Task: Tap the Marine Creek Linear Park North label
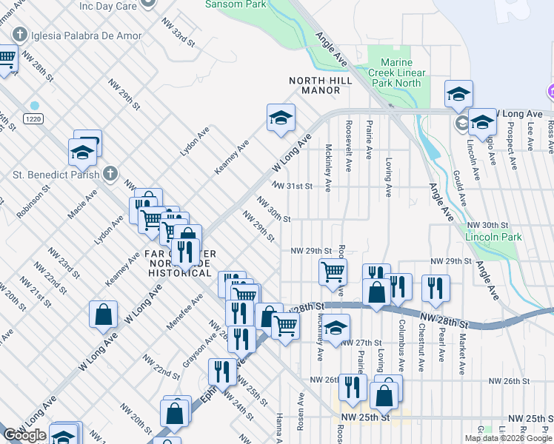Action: pyautogui.click(x=401, y=73)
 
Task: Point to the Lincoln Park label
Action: pyautogui.click(x=494, y=237)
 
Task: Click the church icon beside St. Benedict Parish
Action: pyautogui.click(x=110, y=174)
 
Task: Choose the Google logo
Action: pyautogui.click(x=25, y=434)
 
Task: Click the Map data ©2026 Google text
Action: pyautogui.click(x=507, y=438)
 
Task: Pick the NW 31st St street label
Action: pyautogui.click(x=293, y=186)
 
